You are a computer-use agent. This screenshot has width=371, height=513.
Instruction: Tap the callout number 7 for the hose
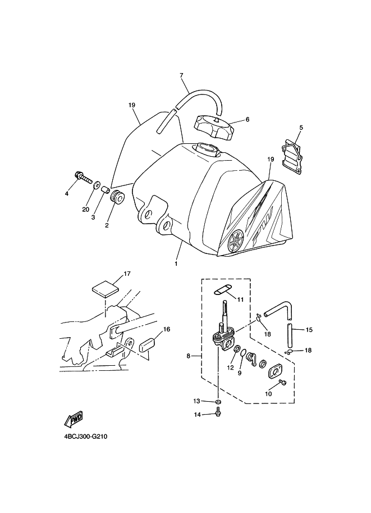pyautogui.click(x=181, y=75)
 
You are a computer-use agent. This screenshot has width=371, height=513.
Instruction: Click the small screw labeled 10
pyautogui.click(x=282, y=383)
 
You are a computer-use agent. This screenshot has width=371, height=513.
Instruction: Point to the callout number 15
pyautogui.click(x=309, y=329)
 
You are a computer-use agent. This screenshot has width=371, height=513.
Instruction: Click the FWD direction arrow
pyautogui.click(x=74, y=419)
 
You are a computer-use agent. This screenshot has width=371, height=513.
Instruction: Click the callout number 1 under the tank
pyautogui.click(x=176, y=263)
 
